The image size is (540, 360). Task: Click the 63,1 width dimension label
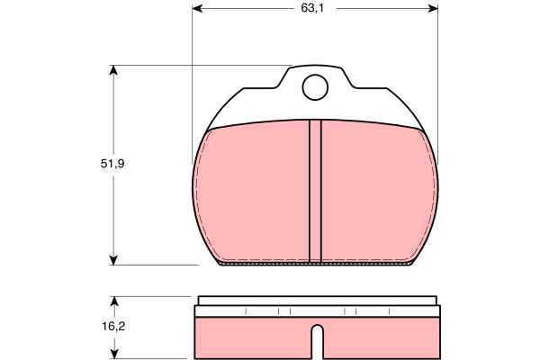point(312,9)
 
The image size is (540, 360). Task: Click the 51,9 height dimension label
point(112,164)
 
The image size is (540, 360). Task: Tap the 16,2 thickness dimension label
point(113,326)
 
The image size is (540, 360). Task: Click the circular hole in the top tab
point(315,87)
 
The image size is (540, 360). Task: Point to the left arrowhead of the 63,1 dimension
point(197,9)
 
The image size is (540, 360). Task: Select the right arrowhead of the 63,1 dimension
point(433,9)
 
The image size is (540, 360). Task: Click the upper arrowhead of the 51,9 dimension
point(113,70)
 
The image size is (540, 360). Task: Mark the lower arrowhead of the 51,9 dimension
point(113,260)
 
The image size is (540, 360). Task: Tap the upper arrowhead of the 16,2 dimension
point(114,301)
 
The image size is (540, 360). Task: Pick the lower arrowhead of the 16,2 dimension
point(114,354)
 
